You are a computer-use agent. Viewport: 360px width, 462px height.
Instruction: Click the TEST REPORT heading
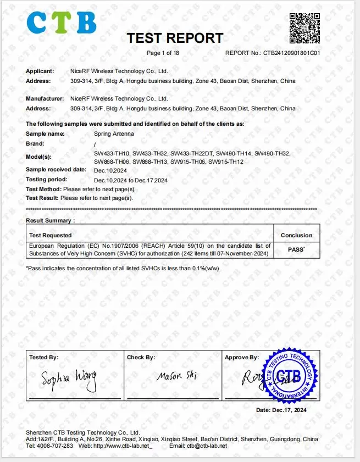tap(175, 38)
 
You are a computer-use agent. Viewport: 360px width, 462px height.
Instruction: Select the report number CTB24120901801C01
tap(291, 53)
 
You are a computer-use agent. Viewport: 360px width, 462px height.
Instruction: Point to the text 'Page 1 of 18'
tap(163, 53)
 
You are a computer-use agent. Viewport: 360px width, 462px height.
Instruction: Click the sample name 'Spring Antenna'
tap(113, 134)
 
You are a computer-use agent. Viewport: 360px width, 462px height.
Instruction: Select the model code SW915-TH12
tap(226, 162)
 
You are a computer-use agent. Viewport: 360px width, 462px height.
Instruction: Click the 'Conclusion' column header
tap(296, 235)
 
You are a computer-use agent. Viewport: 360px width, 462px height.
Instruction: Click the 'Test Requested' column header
tap(51, 235)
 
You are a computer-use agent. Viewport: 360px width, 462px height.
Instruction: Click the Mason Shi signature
tap(176, 376)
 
